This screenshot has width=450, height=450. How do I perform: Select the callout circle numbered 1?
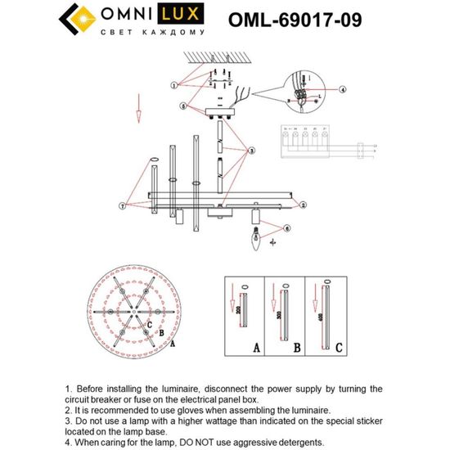174,85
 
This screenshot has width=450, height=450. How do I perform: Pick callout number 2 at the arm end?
302,205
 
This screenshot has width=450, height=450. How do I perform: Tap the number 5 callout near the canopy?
185,106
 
